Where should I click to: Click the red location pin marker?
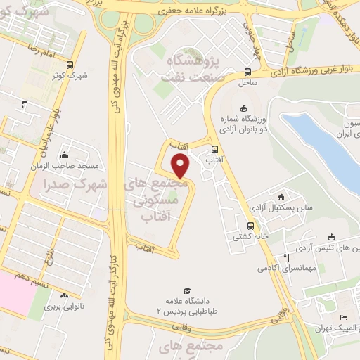coord(181,167)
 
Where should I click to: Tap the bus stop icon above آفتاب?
coord(214,149)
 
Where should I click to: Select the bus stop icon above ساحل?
coord(247,72)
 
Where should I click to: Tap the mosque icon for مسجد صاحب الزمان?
coord(65,155)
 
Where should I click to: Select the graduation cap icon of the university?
coord(187,290)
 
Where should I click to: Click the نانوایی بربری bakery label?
coord(65,307)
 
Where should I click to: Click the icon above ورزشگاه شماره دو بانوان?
coord(243,108)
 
